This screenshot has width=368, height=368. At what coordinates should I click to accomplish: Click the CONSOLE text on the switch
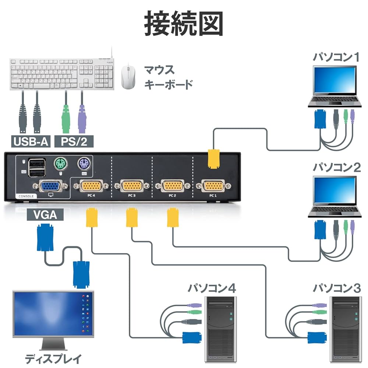[26, 196]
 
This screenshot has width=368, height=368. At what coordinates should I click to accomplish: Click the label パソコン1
[336, 57]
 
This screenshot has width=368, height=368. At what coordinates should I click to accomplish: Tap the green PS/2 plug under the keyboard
[66, 120]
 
